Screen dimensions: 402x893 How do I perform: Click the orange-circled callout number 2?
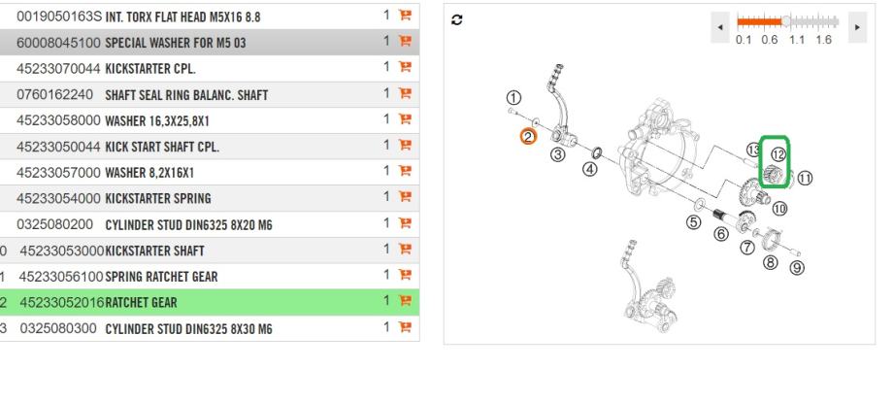click(528, 137)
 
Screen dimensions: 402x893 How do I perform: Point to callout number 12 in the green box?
click(777, 153)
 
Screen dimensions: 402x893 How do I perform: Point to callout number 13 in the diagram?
click(753, 149)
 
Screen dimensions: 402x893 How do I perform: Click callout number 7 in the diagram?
click(747, 248)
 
